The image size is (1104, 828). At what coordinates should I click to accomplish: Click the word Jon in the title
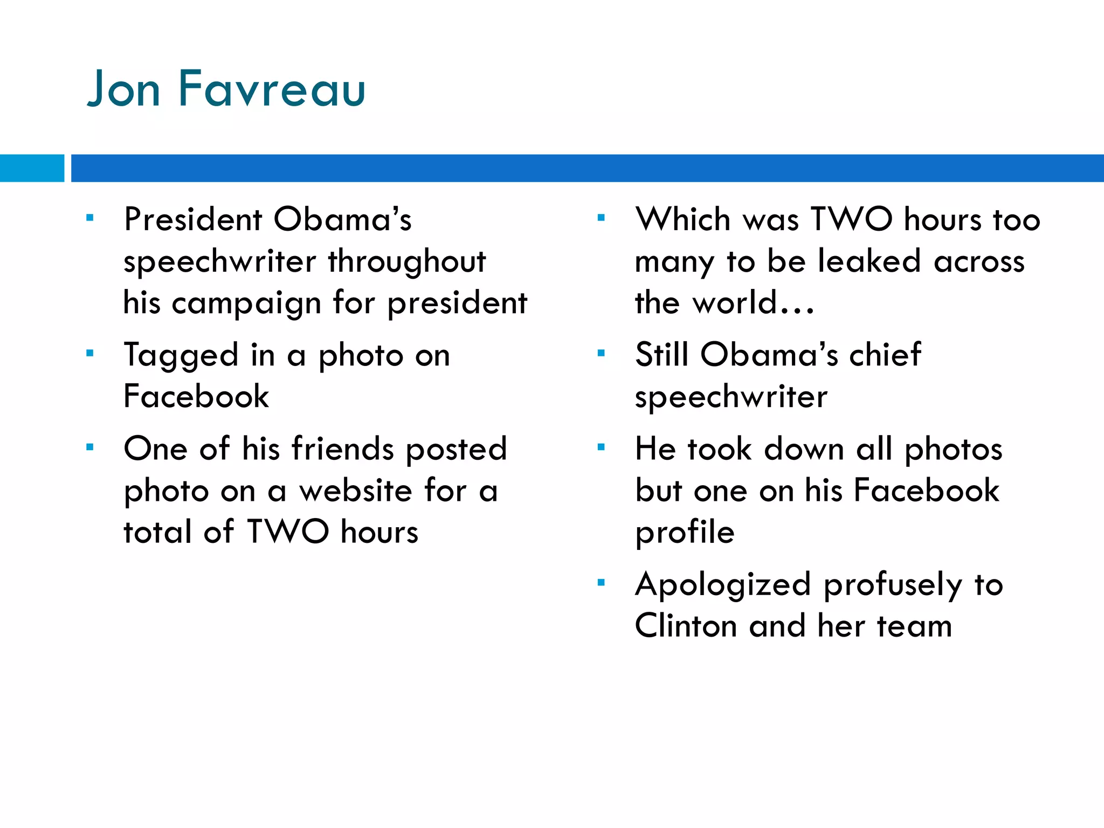124,89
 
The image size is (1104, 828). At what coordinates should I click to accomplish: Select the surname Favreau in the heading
272,89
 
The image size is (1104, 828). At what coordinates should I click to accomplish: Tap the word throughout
407,261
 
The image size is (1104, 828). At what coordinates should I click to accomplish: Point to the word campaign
246,303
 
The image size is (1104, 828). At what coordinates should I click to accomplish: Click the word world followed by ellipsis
753,303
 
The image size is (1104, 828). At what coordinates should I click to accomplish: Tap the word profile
685,533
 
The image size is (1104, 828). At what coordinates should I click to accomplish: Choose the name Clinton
686,626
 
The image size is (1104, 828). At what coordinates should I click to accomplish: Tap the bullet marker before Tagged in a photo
90,354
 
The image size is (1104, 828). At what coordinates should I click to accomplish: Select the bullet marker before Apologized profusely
602,583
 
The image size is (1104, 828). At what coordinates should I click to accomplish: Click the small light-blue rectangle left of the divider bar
32,168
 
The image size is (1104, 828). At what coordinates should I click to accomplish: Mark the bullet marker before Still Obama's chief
602,354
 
